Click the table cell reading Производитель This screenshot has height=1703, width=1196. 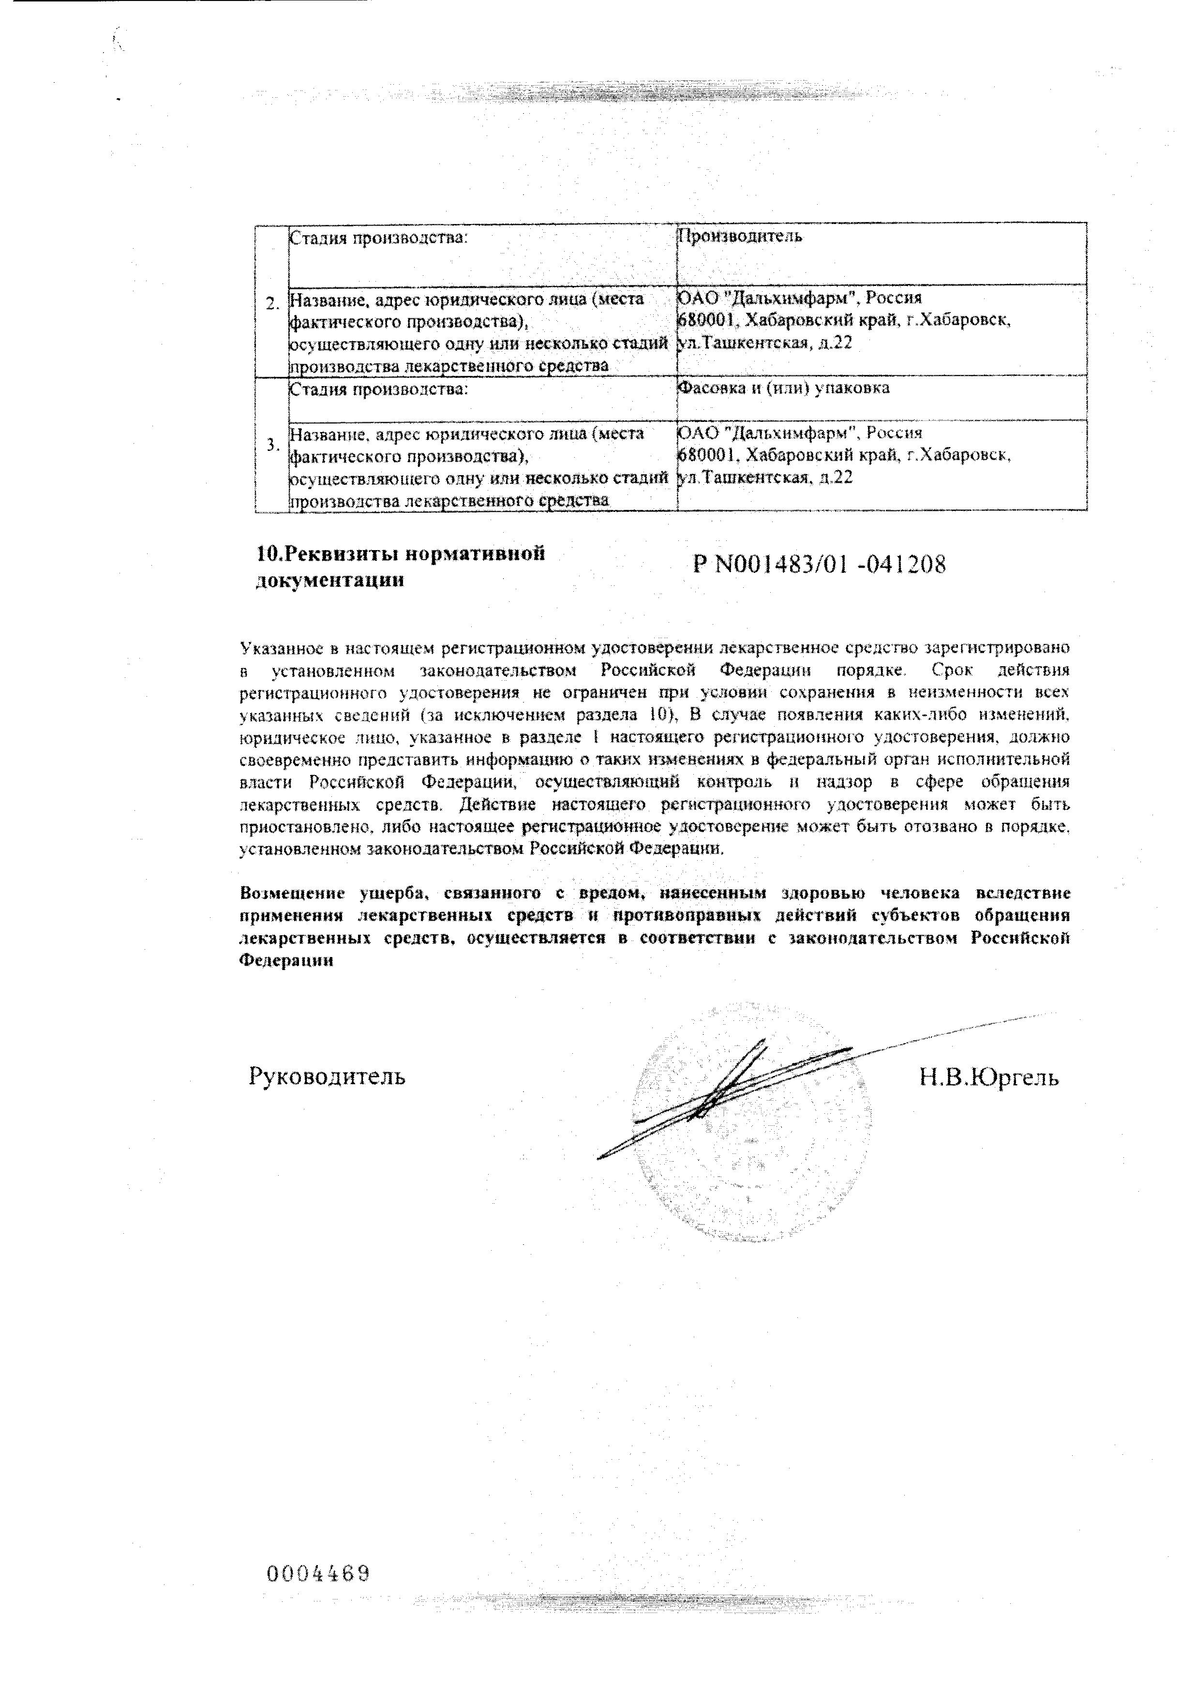tap(740, 237)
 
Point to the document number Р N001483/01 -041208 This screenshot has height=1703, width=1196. tap(819, 565)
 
